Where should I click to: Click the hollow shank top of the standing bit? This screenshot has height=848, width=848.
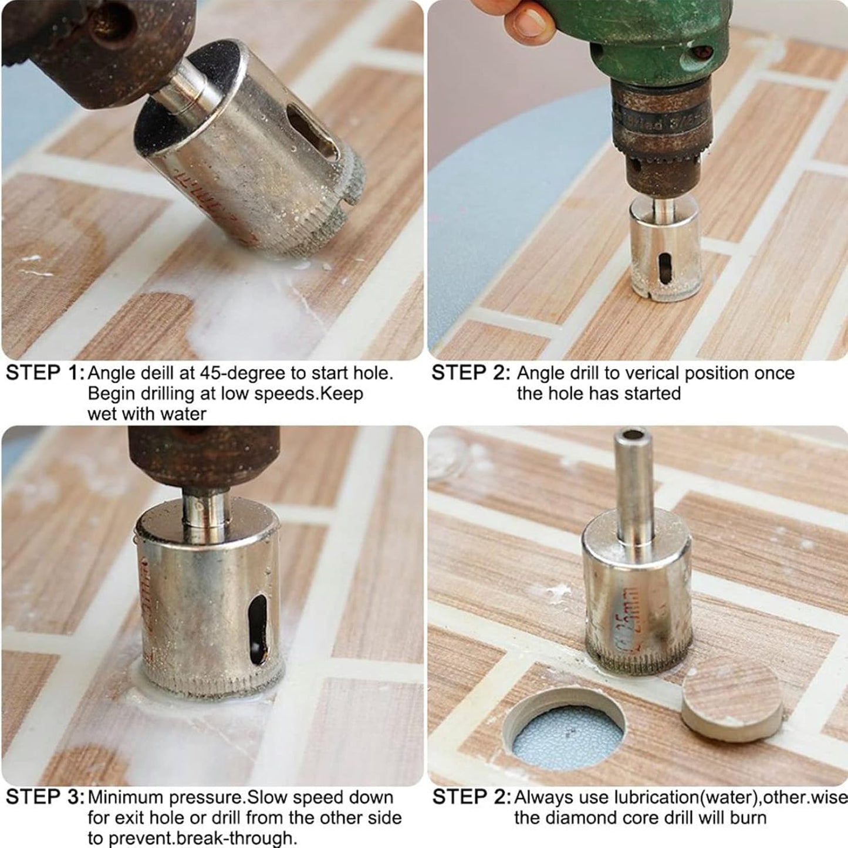(x=632, y=437)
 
